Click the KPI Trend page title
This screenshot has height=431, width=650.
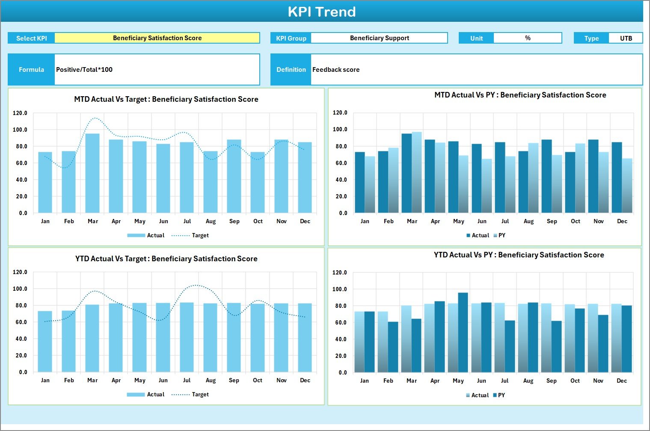[322, 12]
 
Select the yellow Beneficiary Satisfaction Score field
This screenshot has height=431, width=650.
[157, 38]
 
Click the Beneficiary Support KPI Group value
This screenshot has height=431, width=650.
[379, 38]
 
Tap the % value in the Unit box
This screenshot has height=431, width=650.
[528, 38]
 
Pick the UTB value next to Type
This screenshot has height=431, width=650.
[626, 38]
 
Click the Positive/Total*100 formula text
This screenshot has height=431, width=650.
[84, 70]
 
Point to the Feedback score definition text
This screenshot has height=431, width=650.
[336, 70]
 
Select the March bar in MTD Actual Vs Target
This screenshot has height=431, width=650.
[92, 173]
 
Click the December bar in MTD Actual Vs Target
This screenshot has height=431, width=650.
[305, 177]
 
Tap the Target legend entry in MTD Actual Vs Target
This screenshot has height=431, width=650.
[200, 236]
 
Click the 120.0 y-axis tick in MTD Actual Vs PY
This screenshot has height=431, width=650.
[340, 113]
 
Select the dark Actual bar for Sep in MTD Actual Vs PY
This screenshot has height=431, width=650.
[546, 176]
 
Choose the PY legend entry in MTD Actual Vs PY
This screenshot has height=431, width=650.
[502, 236]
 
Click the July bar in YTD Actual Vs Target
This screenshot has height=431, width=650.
[187, 337]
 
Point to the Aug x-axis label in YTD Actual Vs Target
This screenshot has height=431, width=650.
[211, 381]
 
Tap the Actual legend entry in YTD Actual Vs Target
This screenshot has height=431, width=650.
[155, 395]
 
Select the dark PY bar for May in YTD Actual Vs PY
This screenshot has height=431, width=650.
[463, 332]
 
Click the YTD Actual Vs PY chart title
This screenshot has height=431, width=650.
[519, 255]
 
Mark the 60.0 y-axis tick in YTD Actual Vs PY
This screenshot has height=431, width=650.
[340, 323]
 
